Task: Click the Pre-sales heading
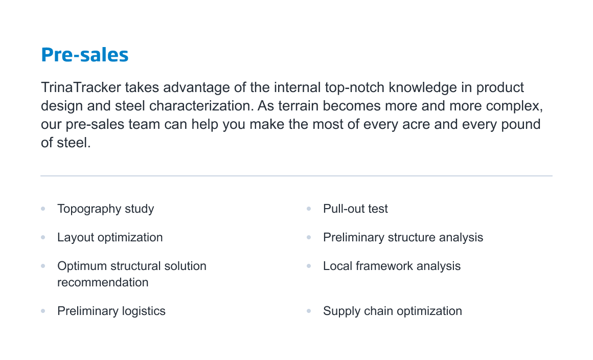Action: (85, 55)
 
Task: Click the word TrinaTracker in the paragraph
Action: (81, 87)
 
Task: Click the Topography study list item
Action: (105, 209)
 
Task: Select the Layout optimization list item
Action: (110, 238)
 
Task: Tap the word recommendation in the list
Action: (103, 282)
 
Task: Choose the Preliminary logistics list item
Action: (111, 311)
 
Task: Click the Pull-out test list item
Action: (355, 209)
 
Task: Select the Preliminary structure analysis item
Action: (403, 238)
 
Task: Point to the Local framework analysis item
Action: (392, 266)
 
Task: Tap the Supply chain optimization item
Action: (393, 311)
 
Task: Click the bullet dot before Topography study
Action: (43, 209)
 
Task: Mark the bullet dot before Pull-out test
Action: (309, 209)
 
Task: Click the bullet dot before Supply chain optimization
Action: (309, 311)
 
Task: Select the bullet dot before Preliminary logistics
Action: (43, 311)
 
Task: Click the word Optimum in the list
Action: (82, 266)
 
